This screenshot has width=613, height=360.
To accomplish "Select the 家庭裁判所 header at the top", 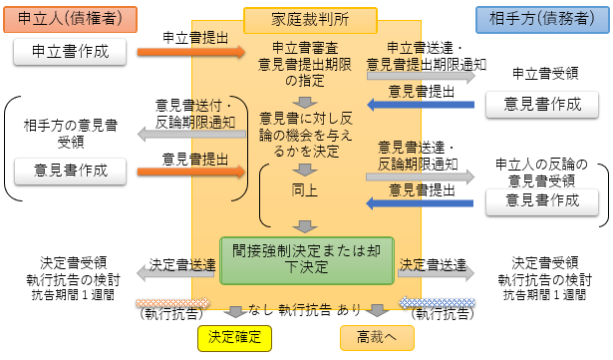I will click(x=310, y=18).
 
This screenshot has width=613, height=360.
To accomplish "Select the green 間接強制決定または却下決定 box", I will click(x=308, y=257).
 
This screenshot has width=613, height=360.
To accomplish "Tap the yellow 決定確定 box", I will click(x=234, y=337).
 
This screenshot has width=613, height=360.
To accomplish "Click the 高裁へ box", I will click(x=376, y=337).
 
